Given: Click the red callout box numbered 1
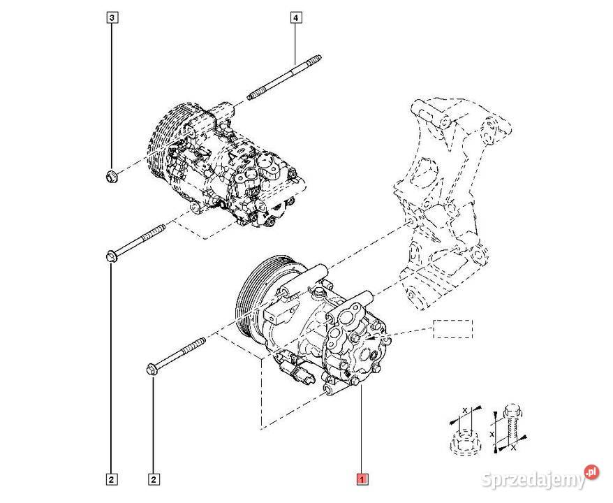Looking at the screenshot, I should (x=362, y=479).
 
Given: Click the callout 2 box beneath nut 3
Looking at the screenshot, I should (x=111, y=479).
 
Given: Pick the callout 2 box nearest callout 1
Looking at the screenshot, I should (x=153, y=479).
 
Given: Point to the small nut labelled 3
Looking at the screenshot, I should (x=111, y=174).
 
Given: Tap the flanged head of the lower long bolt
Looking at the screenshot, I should (x=153, y=368).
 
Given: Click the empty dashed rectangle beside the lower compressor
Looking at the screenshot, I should (x=452, y=328).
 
